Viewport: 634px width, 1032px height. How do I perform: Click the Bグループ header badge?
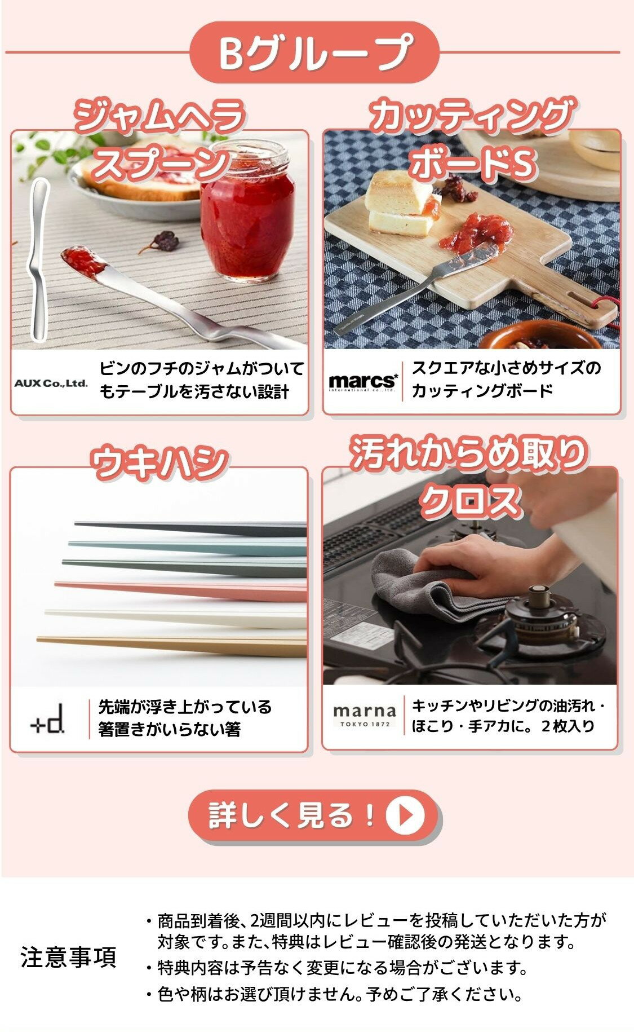(314, 52)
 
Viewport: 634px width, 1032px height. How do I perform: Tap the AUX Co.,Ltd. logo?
(51, 383)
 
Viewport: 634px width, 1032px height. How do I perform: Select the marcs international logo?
(363, 382)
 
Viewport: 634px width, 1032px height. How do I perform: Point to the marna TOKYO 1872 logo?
(364, 716)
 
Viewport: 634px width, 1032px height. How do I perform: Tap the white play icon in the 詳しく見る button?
(404, 814)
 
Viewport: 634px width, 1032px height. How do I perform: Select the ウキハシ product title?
(159, 463)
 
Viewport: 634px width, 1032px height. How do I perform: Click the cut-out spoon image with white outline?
(38, 259)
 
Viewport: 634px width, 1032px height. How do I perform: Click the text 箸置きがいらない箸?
(169, 729)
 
